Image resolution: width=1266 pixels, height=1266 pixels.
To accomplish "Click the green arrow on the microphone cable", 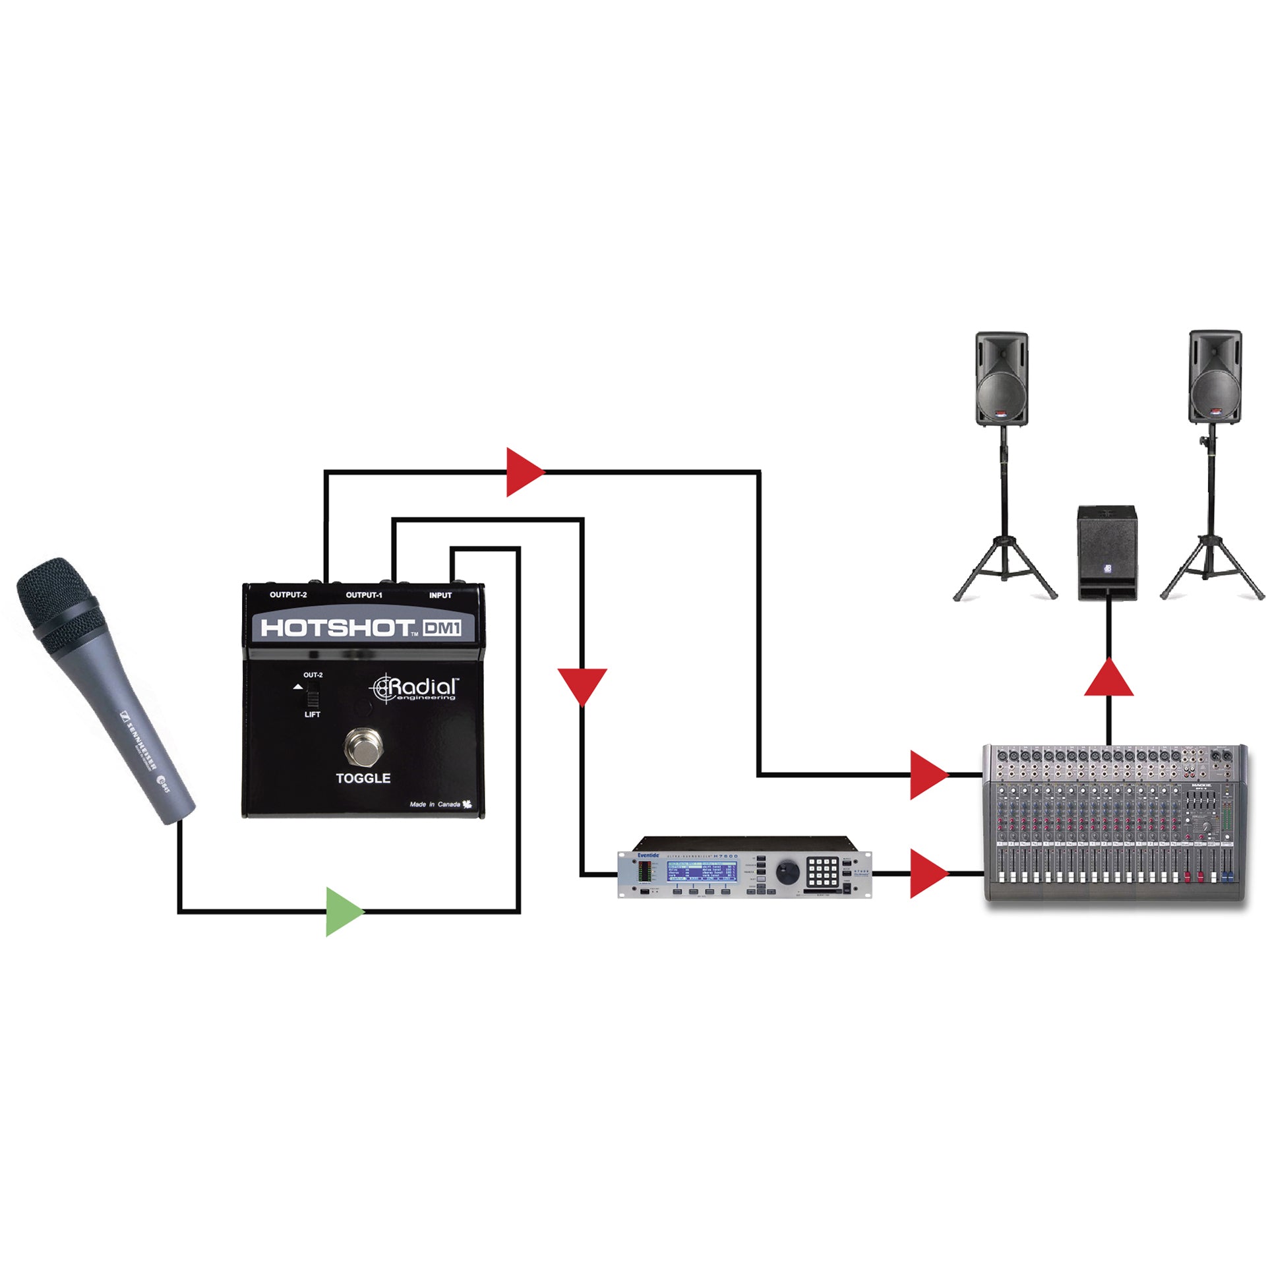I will [343, 912].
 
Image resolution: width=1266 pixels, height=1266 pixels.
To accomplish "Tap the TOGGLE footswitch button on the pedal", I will [363, 747].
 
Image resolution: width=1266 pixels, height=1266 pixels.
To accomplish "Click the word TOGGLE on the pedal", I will [363, 778].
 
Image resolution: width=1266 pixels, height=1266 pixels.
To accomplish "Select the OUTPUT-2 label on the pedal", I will [288, 595].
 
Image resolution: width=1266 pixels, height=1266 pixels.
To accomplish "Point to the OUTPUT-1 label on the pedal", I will [364, 595].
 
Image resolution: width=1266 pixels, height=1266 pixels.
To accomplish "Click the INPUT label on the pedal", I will [440, 595].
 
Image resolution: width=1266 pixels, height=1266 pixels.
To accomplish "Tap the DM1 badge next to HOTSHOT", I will [442, 628].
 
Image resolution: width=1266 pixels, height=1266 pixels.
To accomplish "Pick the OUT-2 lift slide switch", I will [313, 696].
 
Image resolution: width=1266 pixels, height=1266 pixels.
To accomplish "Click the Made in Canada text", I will [435, 804].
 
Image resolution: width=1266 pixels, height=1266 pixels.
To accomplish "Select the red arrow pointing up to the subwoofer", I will [1109, 679].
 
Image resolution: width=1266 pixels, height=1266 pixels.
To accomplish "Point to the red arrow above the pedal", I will [524, 472].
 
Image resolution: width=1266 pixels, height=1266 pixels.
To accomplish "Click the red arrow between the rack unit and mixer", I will [927, 874].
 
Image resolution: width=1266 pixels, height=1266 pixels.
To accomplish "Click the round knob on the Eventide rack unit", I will [787, 872].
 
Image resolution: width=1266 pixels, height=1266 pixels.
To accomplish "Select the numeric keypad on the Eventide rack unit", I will [822, 872].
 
